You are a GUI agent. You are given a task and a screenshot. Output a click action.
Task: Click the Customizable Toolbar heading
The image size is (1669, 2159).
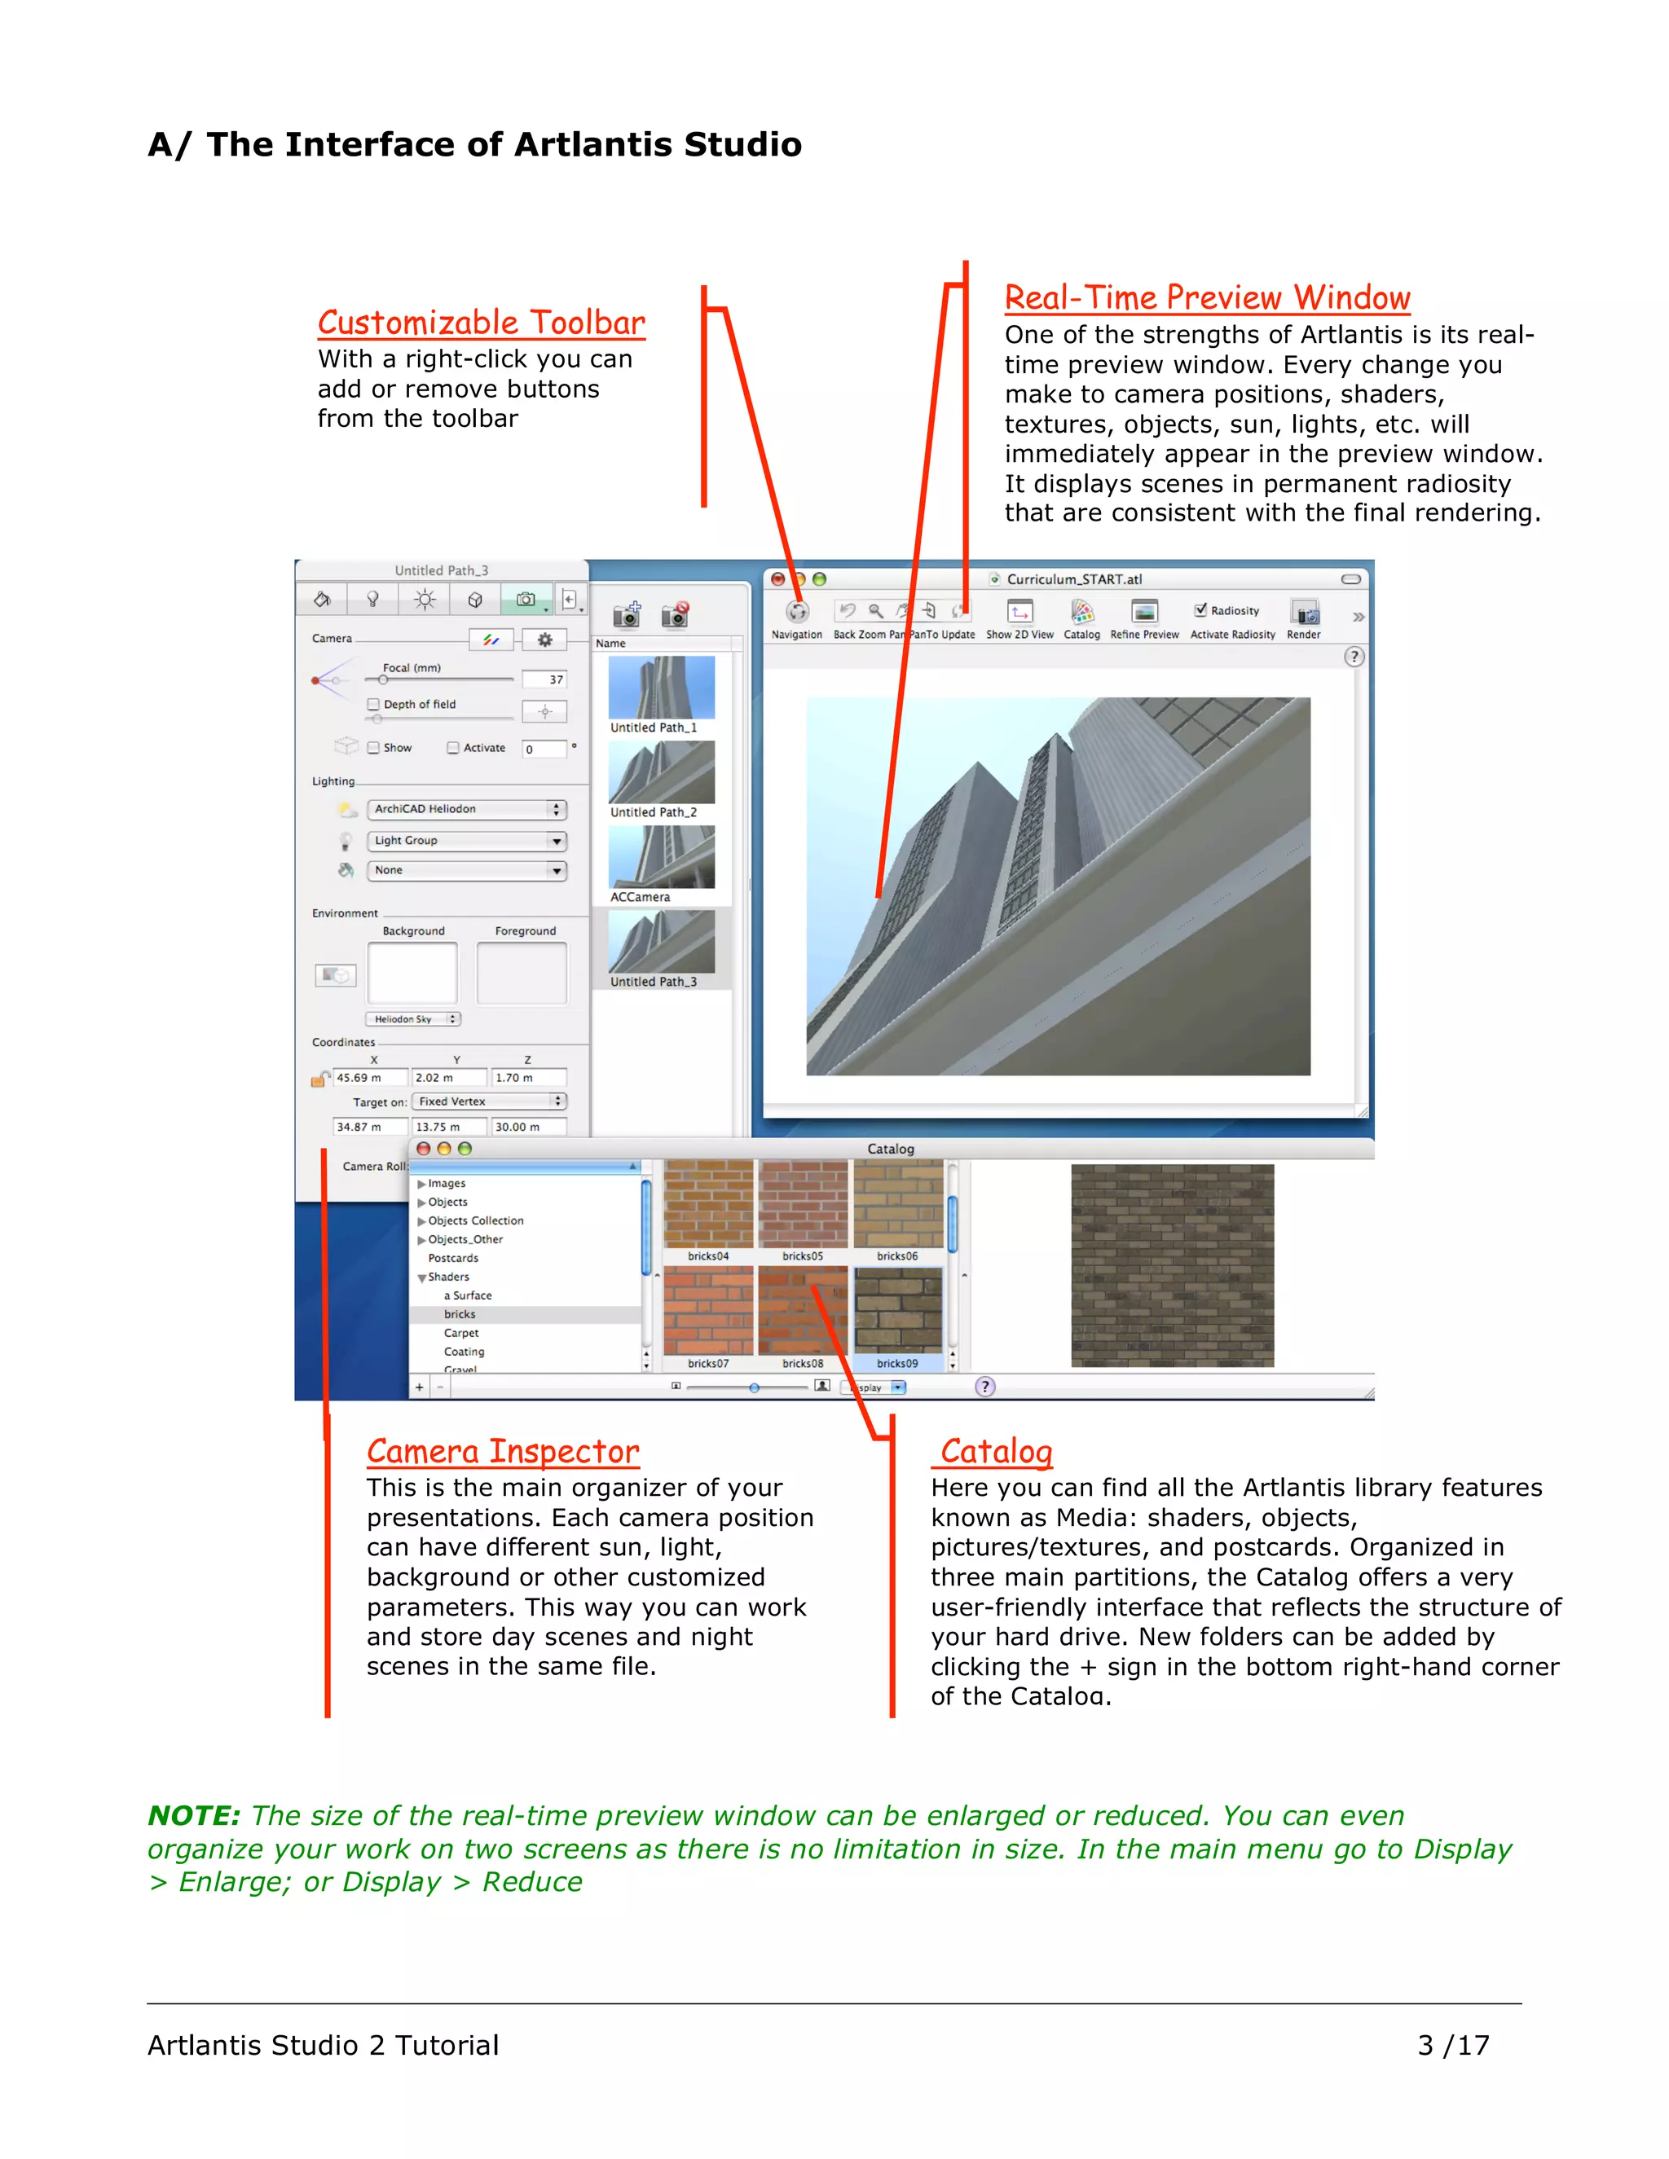481,323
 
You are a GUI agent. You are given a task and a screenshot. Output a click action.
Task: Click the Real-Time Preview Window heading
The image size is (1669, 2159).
1206,297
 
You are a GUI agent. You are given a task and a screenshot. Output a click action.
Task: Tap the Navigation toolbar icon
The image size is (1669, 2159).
797,613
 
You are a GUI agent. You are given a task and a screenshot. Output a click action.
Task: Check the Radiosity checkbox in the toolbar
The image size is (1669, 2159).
1200,610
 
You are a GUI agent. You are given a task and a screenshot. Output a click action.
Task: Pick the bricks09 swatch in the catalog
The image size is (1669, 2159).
898,1312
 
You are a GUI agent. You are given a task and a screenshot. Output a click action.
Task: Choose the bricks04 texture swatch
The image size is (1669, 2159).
708,1205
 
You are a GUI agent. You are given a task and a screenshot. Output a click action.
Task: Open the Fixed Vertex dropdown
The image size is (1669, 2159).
488,1101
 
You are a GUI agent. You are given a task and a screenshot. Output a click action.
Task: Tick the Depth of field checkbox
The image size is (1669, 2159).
374,705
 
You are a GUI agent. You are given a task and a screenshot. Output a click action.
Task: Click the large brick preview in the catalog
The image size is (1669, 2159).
1172,1265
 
